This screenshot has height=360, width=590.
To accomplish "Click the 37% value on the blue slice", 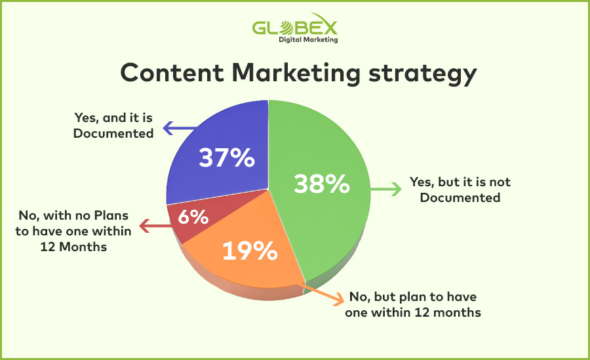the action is (227, 157).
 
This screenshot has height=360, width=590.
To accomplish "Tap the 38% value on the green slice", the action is (322, 184).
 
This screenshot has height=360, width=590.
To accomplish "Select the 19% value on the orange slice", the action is (250, 250).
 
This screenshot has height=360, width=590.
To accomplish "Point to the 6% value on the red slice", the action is (193, 216).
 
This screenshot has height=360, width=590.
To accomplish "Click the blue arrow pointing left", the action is (179, 128).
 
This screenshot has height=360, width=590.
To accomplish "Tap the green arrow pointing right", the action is (386, 189).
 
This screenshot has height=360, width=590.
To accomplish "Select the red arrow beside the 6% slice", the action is (155, 226).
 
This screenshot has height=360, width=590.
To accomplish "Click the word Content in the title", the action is (172, 73).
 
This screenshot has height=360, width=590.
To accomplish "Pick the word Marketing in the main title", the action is (296, 74).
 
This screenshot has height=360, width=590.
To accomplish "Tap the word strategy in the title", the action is (423, 75).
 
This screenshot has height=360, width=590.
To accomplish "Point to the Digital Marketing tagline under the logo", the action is (308, 39).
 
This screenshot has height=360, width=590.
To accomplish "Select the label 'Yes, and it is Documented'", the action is (113, 125).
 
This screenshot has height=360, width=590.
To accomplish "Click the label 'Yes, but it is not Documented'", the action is (460, 190).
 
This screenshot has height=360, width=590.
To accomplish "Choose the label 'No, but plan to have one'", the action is (413, 304).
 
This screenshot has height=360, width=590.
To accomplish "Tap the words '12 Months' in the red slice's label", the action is (73, 247).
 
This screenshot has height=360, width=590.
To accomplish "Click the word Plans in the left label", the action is (111, 215).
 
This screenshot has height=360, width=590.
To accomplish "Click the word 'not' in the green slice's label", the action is (500, 182).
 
